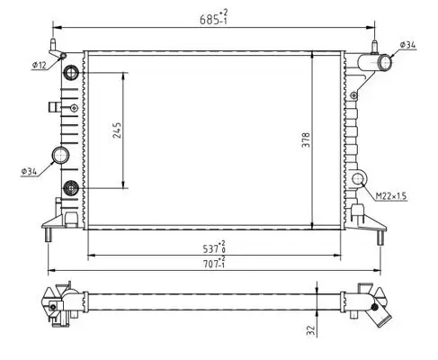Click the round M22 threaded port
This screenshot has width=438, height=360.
coord(362,180)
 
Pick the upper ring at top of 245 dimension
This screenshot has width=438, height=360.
coord(71,72)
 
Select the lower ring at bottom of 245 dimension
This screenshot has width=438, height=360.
coord(71,188)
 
